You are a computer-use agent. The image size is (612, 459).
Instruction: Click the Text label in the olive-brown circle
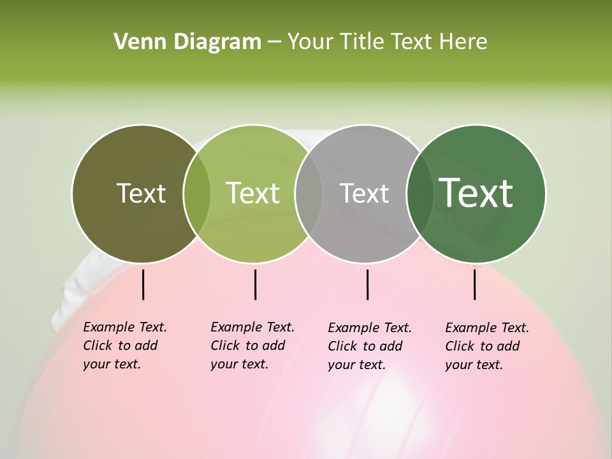pyautogui.click(x=141, y=193)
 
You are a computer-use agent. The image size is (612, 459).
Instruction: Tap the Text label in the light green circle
pyautogui.click(x=253, y=193)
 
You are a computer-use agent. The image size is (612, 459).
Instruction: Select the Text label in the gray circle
pyautogui.click(x=364, y=193)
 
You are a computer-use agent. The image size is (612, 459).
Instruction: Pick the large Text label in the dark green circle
pyautogui.click(x=476, y=193)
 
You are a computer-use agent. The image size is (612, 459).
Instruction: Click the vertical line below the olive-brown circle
pyautogui.click(x=143, y=284)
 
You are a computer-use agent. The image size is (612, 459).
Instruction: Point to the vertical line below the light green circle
pyautogui.click(x=255, y=284)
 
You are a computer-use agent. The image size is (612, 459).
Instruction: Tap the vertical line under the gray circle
pyautogui.click(x=367, y=284)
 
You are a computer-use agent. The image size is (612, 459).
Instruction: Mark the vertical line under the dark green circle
pyautogui.click(x=475, y=284)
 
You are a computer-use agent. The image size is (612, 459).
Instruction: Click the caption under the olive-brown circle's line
pyautogui.click(x=125, y=346)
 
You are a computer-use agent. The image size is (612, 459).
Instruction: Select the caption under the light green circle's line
pyautogui.click(x=252, y=346)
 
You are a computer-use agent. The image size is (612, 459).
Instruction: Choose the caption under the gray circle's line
pyautogui.click(x=370, y=346)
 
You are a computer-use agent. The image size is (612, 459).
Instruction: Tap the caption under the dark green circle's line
pyautogui.click(x=487, y=346)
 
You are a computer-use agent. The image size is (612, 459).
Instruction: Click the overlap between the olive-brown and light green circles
pyautogui.click(x=197, y=193)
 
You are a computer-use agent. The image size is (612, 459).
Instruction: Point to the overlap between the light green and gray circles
pyautogui.click(x=309, y=193)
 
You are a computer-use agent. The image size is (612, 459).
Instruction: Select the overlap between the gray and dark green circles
pyautogui.click(x=418, y=193)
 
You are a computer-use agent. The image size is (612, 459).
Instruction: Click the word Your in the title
pyautogui.click(x=311, y=42)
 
